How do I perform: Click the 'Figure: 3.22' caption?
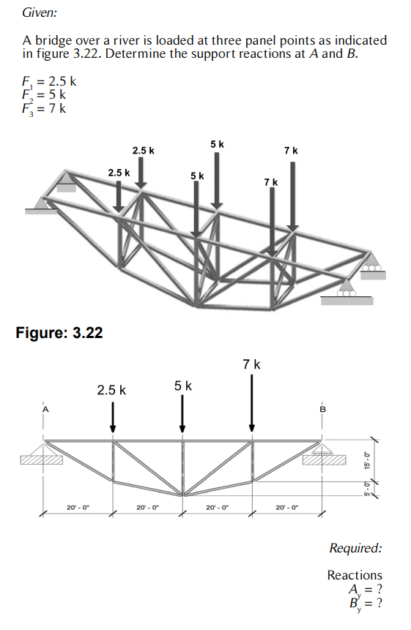pyautogui.click(x=59, y=333)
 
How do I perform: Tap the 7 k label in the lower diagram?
pyautogui.click(x=251, y=364)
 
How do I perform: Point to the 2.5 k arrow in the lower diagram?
pyautogui.click(x=113, y=418)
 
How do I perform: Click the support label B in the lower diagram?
pyautogui.click(x=320, y=410)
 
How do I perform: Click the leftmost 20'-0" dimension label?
pyautogui.click(x=78, y=506)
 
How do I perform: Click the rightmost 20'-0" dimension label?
pyautogui.click(x=286, y=506)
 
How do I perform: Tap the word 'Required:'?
pyautogui.click(x=355, y=548)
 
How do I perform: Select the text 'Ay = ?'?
pyautogui.click(x=366, y=589)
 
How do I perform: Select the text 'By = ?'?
pyautogui.click(x=366, y=604)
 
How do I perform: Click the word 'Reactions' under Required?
pyautogui.click(x=355, y=575)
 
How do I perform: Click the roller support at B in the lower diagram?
pyautogui.click(x=321, y=454)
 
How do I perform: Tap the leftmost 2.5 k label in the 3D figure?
pyautogui.click(x=119, y=173)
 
